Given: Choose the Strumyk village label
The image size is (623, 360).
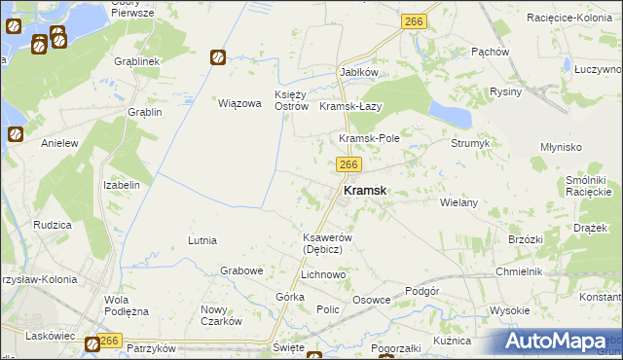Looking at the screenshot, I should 469,143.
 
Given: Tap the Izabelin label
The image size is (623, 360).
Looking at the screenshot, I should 123,184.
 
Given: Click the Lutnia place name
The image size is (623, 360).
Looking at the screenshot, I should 202,239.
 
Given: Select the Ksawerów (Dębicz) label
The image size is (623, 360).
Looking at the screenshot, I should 320,243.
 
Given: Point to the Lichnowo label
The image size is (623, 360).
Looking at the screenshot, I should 323,275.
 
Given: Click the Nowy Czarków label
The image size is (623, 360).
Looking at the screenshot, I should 221,315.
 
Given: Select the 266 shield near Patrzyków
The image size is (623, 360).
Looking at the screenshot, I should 108,341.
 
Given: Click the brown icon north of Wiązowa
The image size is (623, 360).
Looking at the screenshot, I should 218,58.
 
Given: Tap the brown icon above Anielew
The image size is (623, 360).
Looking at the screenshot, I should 16,135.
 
